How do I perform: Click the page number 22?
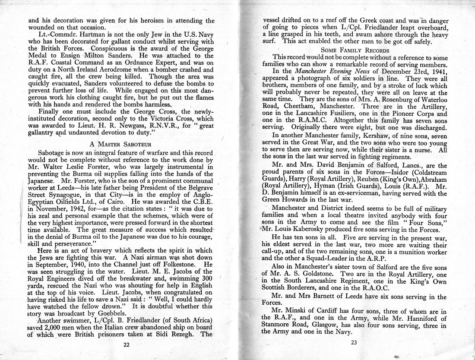pyautogui.click(x=127, y=344)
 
